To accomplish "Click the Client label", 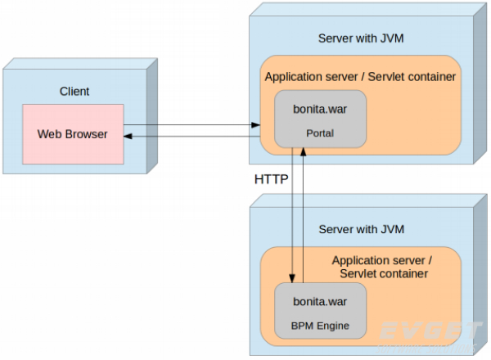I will point(74,92).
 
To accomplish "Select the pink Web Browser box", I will point(73,133).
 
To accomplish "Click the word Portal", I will point(320,133).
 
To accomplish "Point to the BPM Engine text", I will point(320,326).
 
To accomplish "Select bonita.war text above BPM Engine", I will point(320,301).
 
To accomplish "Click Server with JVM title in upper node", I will point(361,38).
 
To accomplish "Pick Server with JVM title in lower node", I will point(361,229).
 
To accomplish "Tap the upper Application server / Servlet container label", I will point(360,76).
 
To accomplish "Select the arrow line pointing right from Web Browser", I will point(192,126).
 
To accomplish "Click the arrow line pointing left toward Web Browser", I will point(192,137).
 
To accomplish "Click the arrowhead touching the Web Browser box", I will point(128,137).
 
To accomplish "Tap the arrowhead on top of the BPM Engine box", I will point(293,279).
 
